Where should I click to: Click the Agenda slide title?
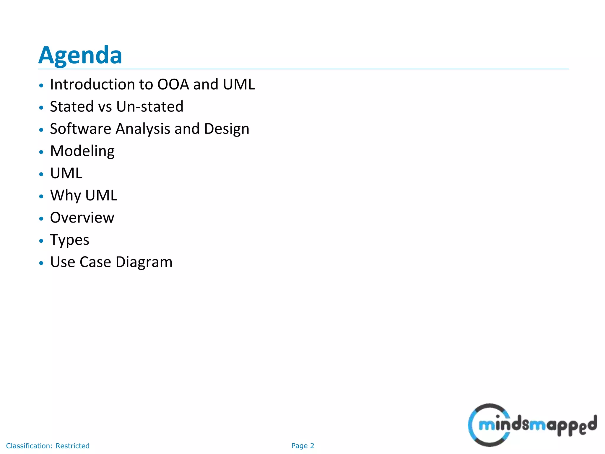80,55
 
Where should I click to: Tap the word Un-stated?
150,107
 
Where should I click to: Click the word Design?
227,129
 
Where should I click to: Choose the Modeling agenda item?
82,151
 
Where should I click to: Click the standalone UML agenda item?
66,173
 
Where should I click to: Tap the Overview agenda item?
82,218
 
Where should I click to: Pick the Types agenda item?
70,240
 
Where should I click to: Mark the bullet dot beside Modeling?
41,152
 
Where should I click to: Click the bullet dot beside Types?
41,241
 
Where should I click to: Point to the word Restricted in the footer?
72,446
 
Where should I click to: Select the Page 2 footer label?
302,446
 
